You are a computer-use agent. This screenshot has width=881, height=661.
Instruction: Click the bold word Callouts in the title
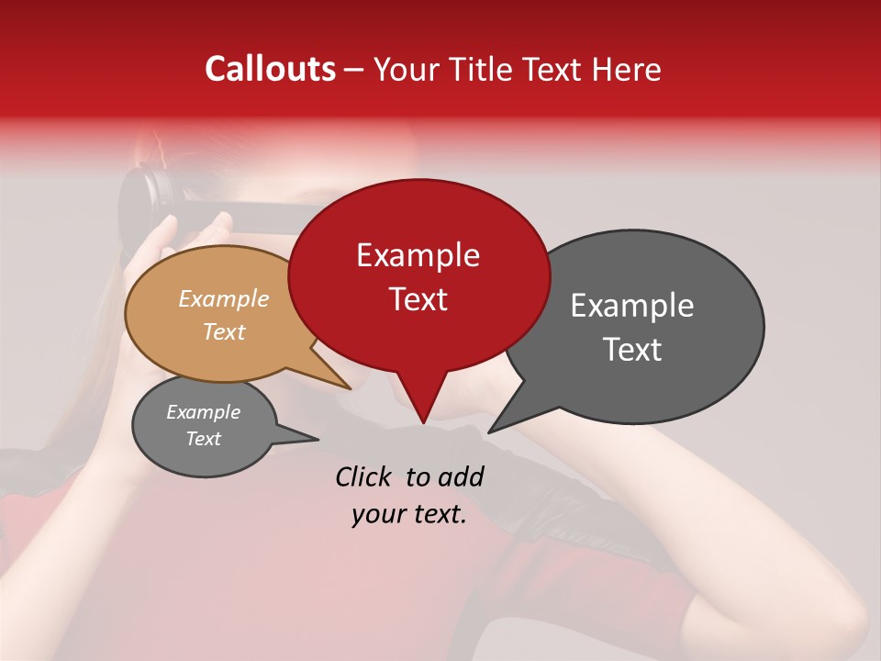click(x=270, y=69)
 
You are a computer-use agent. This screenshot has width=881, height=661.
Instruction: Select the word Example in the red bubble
click(x=418, y=255)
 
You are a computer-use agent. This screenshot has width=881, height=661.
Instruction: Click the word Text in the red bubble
click(x=418, y=299)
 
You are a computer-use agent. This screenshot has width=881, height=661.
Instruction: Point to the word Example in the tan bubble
click(x=223, y=298)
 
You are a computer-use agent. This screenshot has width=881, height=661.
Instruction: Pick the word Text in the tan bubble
click(x=223, y=331)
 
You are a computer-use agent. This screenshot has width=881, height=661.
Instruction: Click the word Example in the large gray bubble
click(x=632, y=306)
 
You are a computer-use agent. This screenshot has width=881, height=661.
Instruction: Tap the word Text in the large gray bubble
click(x=632, y=350)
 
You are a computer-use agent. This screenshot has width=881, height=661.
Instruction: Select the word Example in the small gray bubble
click(x=203, y=412)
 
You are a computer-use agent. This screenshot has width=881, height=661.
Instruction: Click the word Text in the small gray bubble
click(x=203, y=439)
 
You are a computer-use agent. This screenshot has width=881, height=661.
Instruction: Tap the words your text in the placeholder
click(x=408, y=514)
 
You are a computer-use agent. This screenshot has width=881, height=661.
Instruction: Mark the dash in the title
click(x=355, y=71)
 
